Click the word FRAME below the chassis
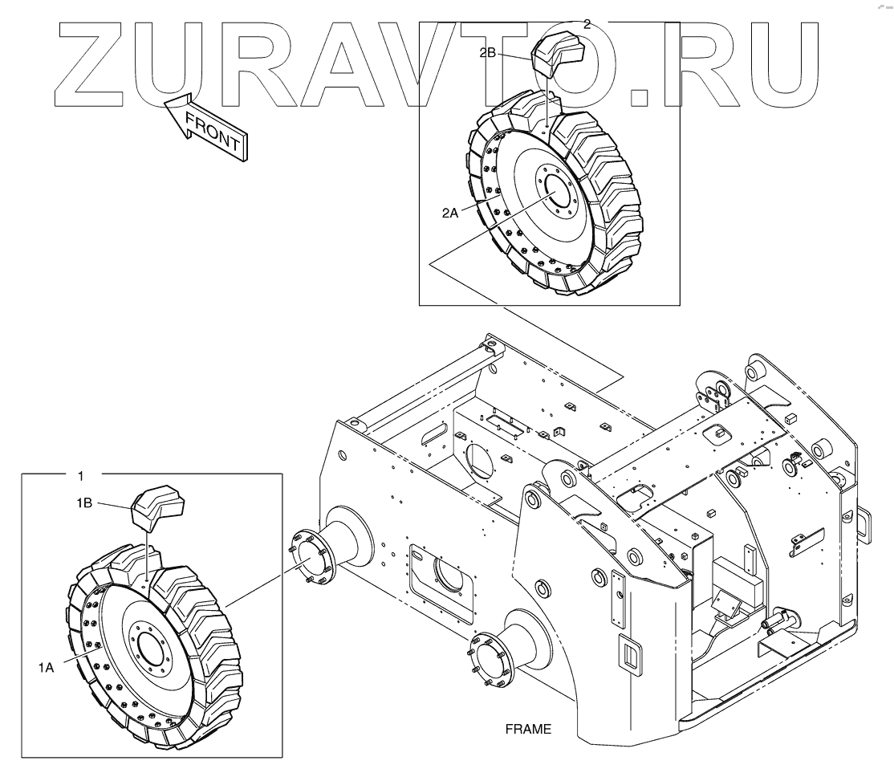[x=528, y=730]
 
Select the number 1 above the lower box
[x=80, y=475]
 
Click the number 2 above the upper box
[x=587, y=24]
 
